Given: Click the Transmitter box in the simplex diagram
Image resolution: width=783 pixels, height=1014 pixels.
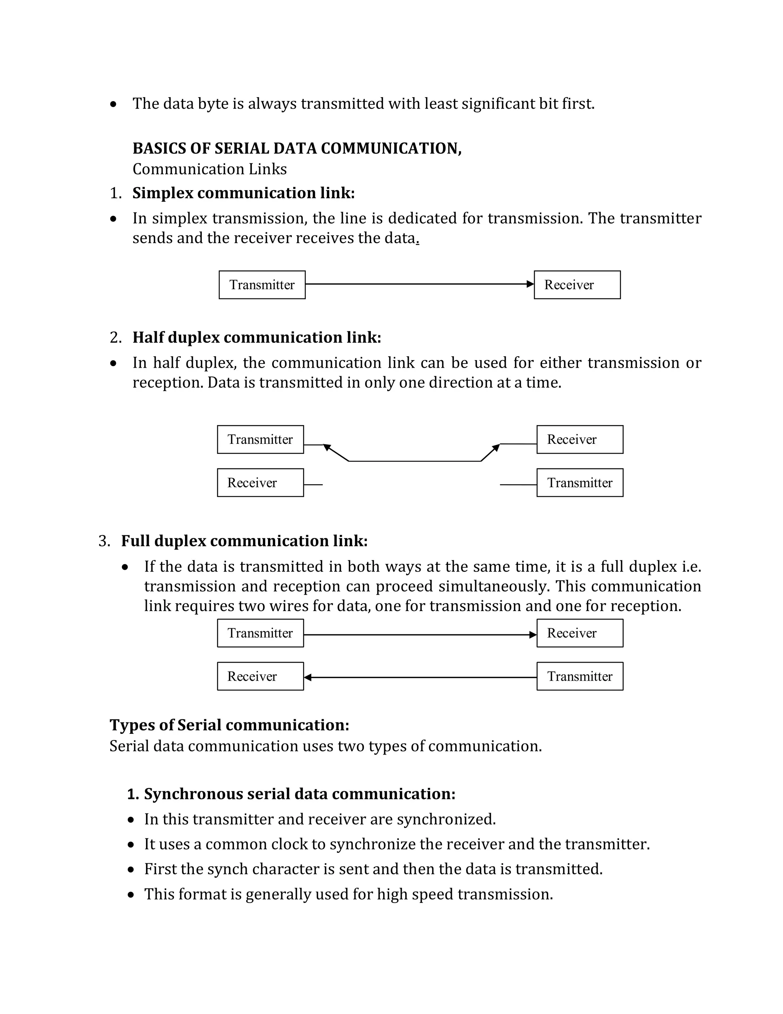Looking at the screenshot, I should [x=262, y=285].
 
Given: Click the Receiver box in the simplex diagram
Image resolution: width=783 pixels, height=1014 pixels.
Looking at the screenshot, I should [x=577, y=285].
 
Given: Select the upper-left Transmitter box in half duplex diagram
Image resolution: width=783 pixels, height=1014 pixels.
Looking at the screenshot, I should [x=260, y=439].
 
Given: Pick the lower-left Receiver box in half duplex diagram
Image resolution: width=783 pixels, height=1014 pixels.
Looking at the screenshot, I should [x=260, y=483].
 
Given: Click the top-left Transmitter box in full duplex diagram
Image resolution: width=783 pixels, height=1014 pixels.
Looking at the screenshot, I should [x=260, y=633].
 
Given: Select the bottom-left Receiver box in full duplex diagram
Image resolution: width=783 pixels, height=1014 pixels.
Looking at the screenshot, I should [x=260, y=676].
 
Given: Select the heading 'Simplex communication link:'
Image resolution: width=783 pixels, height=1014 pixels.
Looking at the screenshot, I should [x=244, y=193].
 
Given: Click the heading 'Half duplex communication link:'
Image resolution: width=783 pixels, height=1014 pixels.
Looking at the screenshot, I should [x=257, y=337].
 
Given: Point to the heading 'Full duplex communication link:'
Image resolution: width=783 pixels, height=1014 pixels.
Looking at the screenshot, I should [x=244, y=541].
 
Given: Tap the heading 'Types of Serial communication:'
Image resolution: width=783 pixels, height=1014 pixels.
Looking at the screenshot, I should [x=229, y=725].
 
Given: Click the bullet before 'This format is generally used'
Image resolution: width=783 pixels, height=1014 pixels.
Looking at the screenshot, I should [x=131, y=894].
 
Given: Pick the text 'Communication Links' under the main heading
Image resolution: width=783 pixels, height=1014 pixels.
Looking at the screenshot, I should [x=209, y=169].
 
